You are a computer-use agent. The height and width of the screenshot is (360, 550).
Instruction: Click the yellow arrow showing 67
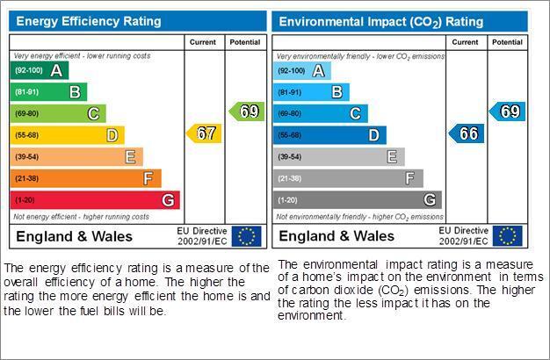(204, 133)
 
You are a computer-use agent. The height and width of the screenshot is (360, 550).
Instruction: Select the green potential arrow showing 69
(247, 112)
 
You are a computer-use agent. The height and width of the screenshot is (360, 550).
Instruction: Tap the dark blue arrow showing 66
(467, 133)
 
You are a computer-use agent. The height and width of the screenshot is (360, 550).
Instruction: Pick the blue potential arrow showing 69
(507, 112)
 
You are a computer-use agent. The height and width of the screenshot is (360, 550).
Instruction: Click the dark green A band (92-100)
(40, 70)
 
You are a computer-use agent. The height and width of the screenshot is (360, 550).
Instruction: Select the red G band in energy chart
(95, 200)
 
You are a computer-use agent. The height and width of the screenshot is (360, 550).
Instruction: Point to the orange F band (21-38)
(86, 178)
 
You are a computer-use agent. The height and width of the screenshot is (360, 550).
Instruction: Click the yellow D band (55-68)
(68, 135)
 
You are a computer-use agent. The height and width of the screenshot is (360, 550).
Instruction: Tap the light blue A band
(302, 71)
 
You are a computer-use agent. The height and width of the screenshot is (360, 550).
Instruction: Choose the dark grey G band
(358, 200)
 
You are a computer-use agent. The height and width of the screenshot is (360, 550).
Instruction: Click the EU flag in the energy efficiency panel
(247, 236)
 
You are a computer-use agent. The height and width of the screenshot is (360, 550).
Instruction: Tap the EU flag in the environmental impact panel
(508, 236)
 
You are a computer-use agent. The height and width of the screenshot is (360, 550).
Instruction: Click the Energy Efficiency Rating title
(89, 21)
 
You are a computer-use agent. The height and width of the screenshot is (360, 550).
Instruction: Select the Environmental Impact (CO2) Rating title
(381, 22)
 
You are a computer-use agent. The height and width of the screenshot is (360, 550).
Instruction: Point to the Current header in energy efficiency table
(203, 42)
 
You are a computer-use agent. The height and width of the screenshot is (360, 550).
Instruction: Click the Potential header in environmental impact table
(507, 42)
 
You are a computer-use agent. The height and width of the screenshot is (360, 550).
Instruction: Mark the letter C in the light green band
(93, 113)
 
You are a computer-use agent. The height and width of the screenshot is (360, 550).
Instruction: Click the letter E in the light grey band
(392, 156)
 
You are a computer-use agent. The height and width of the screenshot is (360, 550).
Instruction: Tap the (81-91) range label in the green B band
(26, 92)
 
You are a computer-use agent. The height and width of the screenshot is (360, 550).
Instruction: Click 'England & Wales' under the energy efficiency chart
(75, 236)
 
